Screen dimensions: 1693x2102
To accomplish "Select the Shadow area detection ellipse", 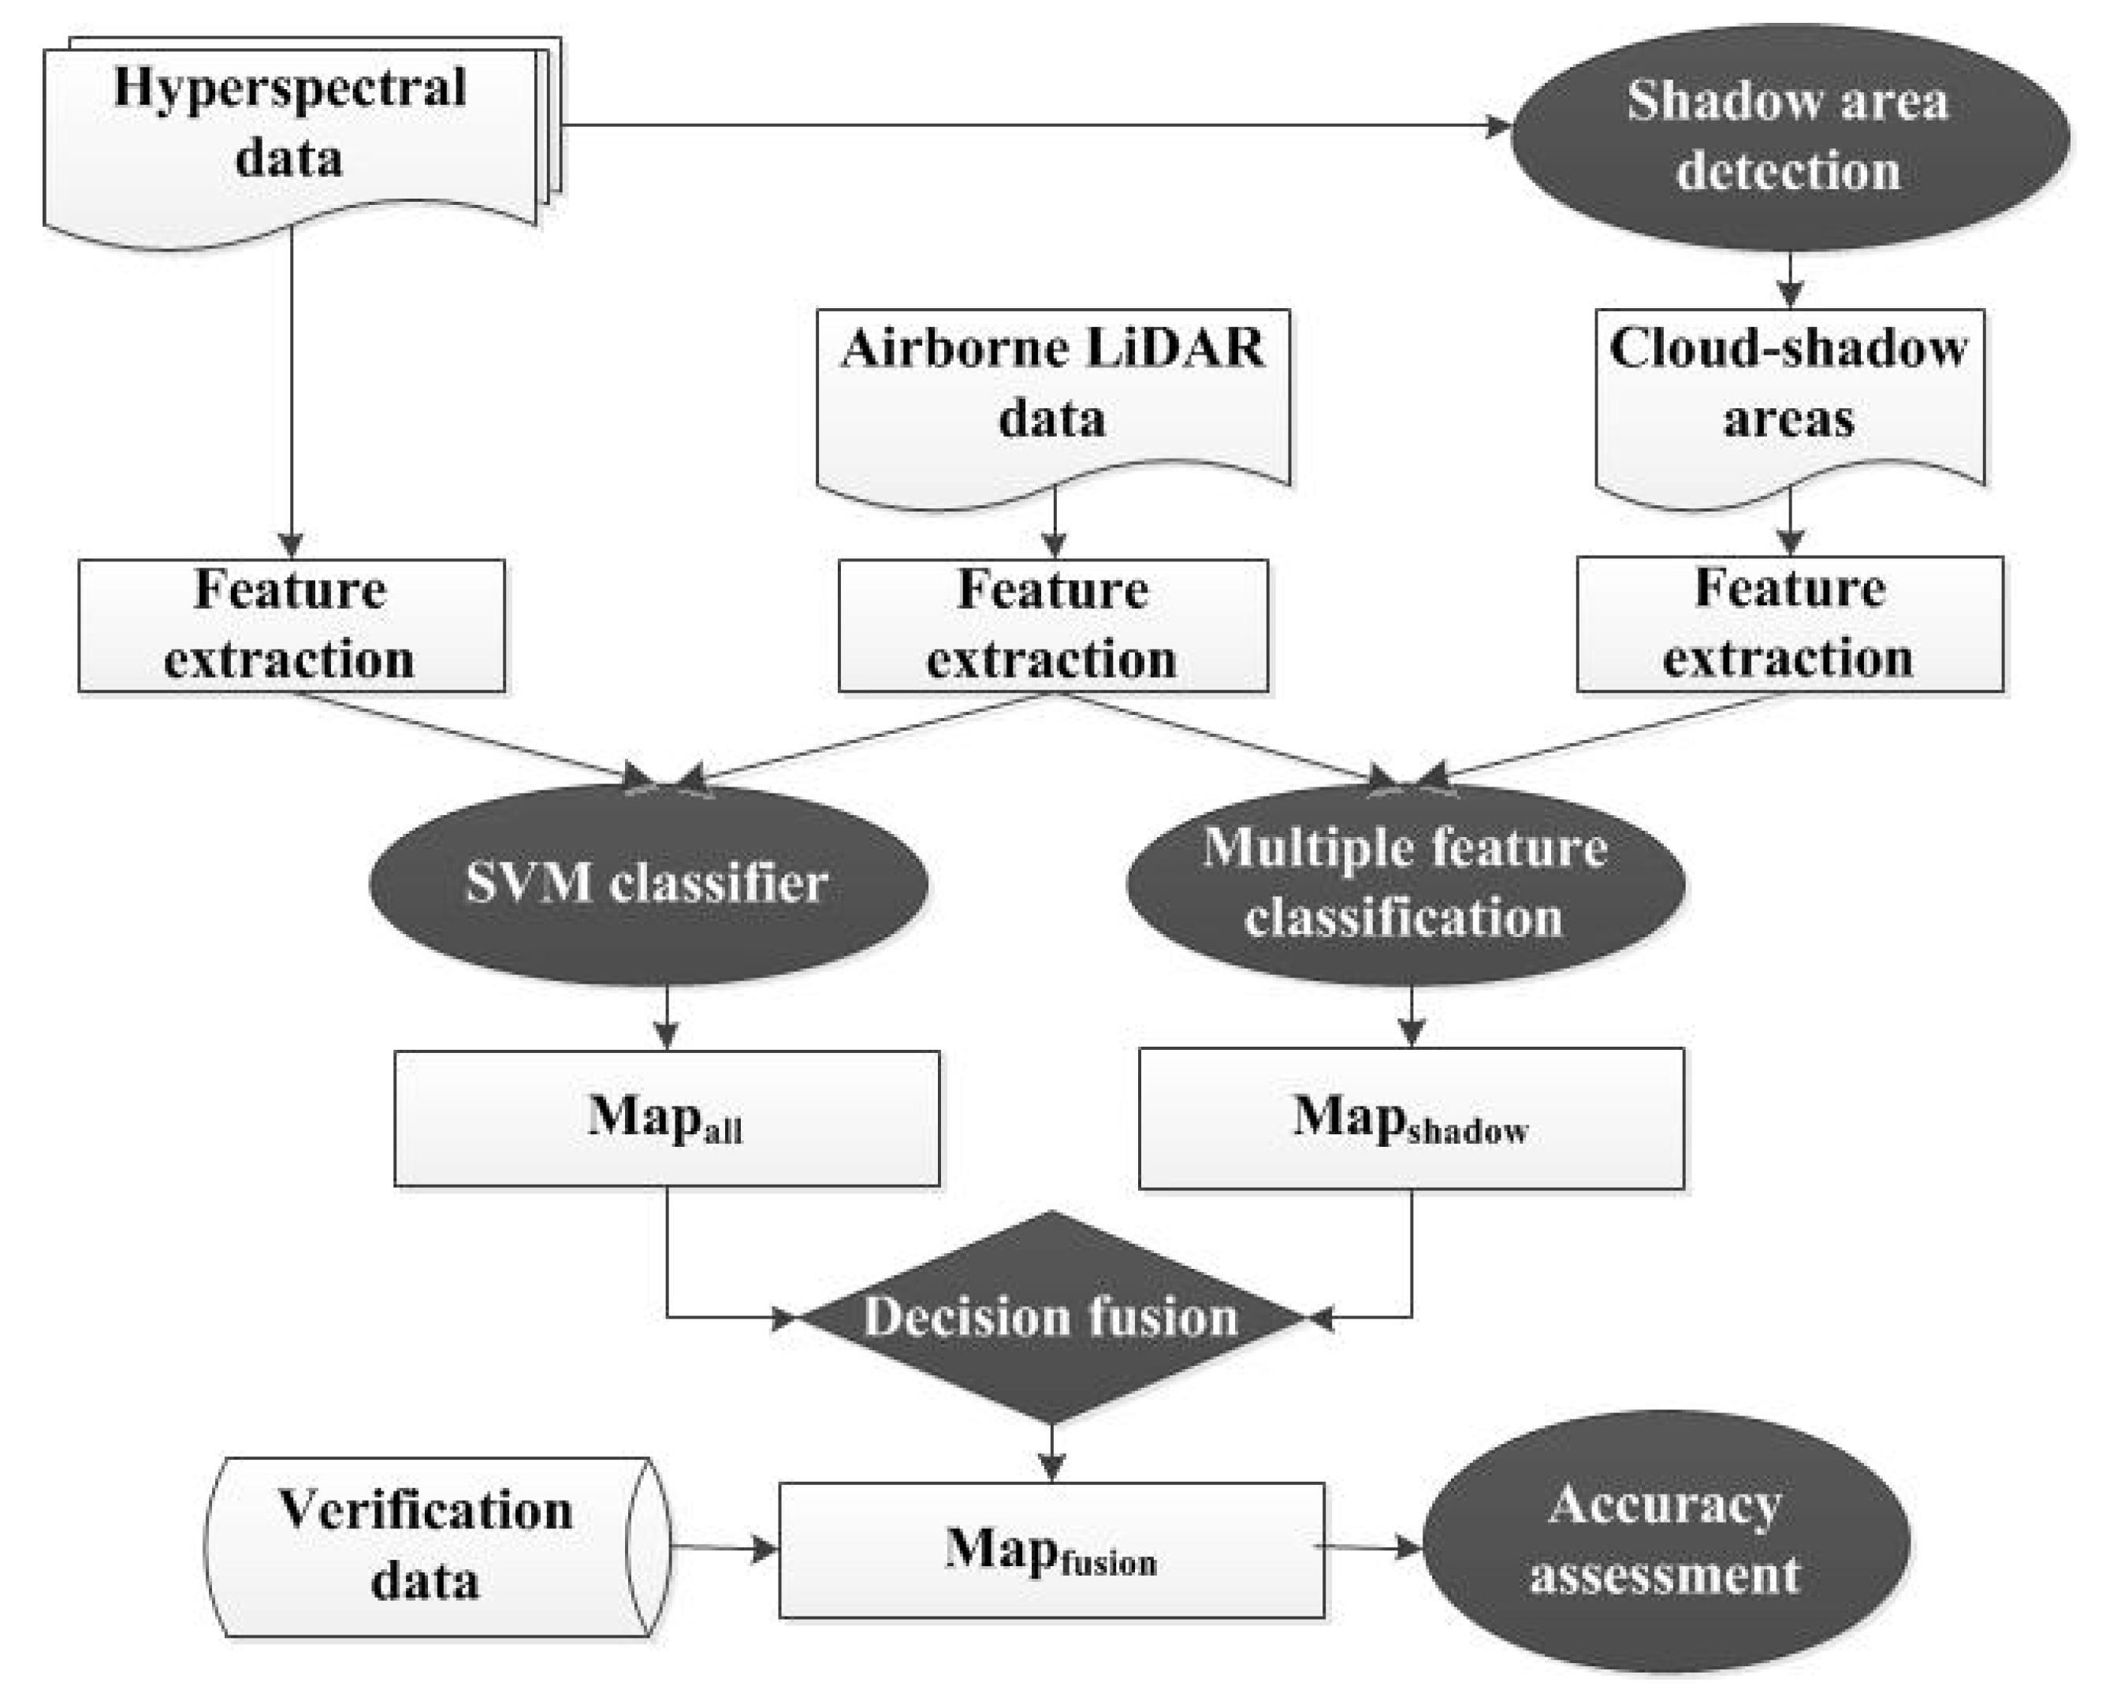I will coord(1789,136).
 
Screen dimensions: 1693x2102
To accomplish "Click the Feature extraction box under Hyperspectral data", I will coord(292,625).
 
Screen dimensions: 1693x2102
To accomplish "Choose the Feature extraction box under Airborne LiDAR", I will coord(1053,625).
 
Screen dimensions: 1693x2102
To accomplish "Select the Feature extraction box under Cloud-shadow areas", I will coord(1789,624).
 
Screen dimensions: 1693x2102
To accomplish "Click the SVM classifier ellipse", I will coord(647,883).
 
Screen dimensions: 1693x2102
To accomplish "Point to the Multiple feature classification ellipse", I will coord(1405,883).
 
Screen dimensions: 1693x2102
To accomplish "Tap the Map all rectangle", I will coord(667,1118).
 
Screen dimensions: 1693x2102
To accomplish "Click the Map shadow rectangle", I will coord(1411,1118).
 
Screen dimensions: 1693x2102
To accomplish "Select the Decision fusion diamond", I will coord(1051,1316).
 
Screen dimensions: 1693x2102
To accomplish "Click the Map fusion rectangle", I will coord(1051,1550).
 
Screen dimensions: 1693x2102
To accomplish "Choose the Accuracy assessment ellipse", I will coord(1665,1541).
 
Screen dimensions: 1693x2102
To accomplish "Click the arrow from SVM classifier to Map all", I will coord(667,1019).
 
